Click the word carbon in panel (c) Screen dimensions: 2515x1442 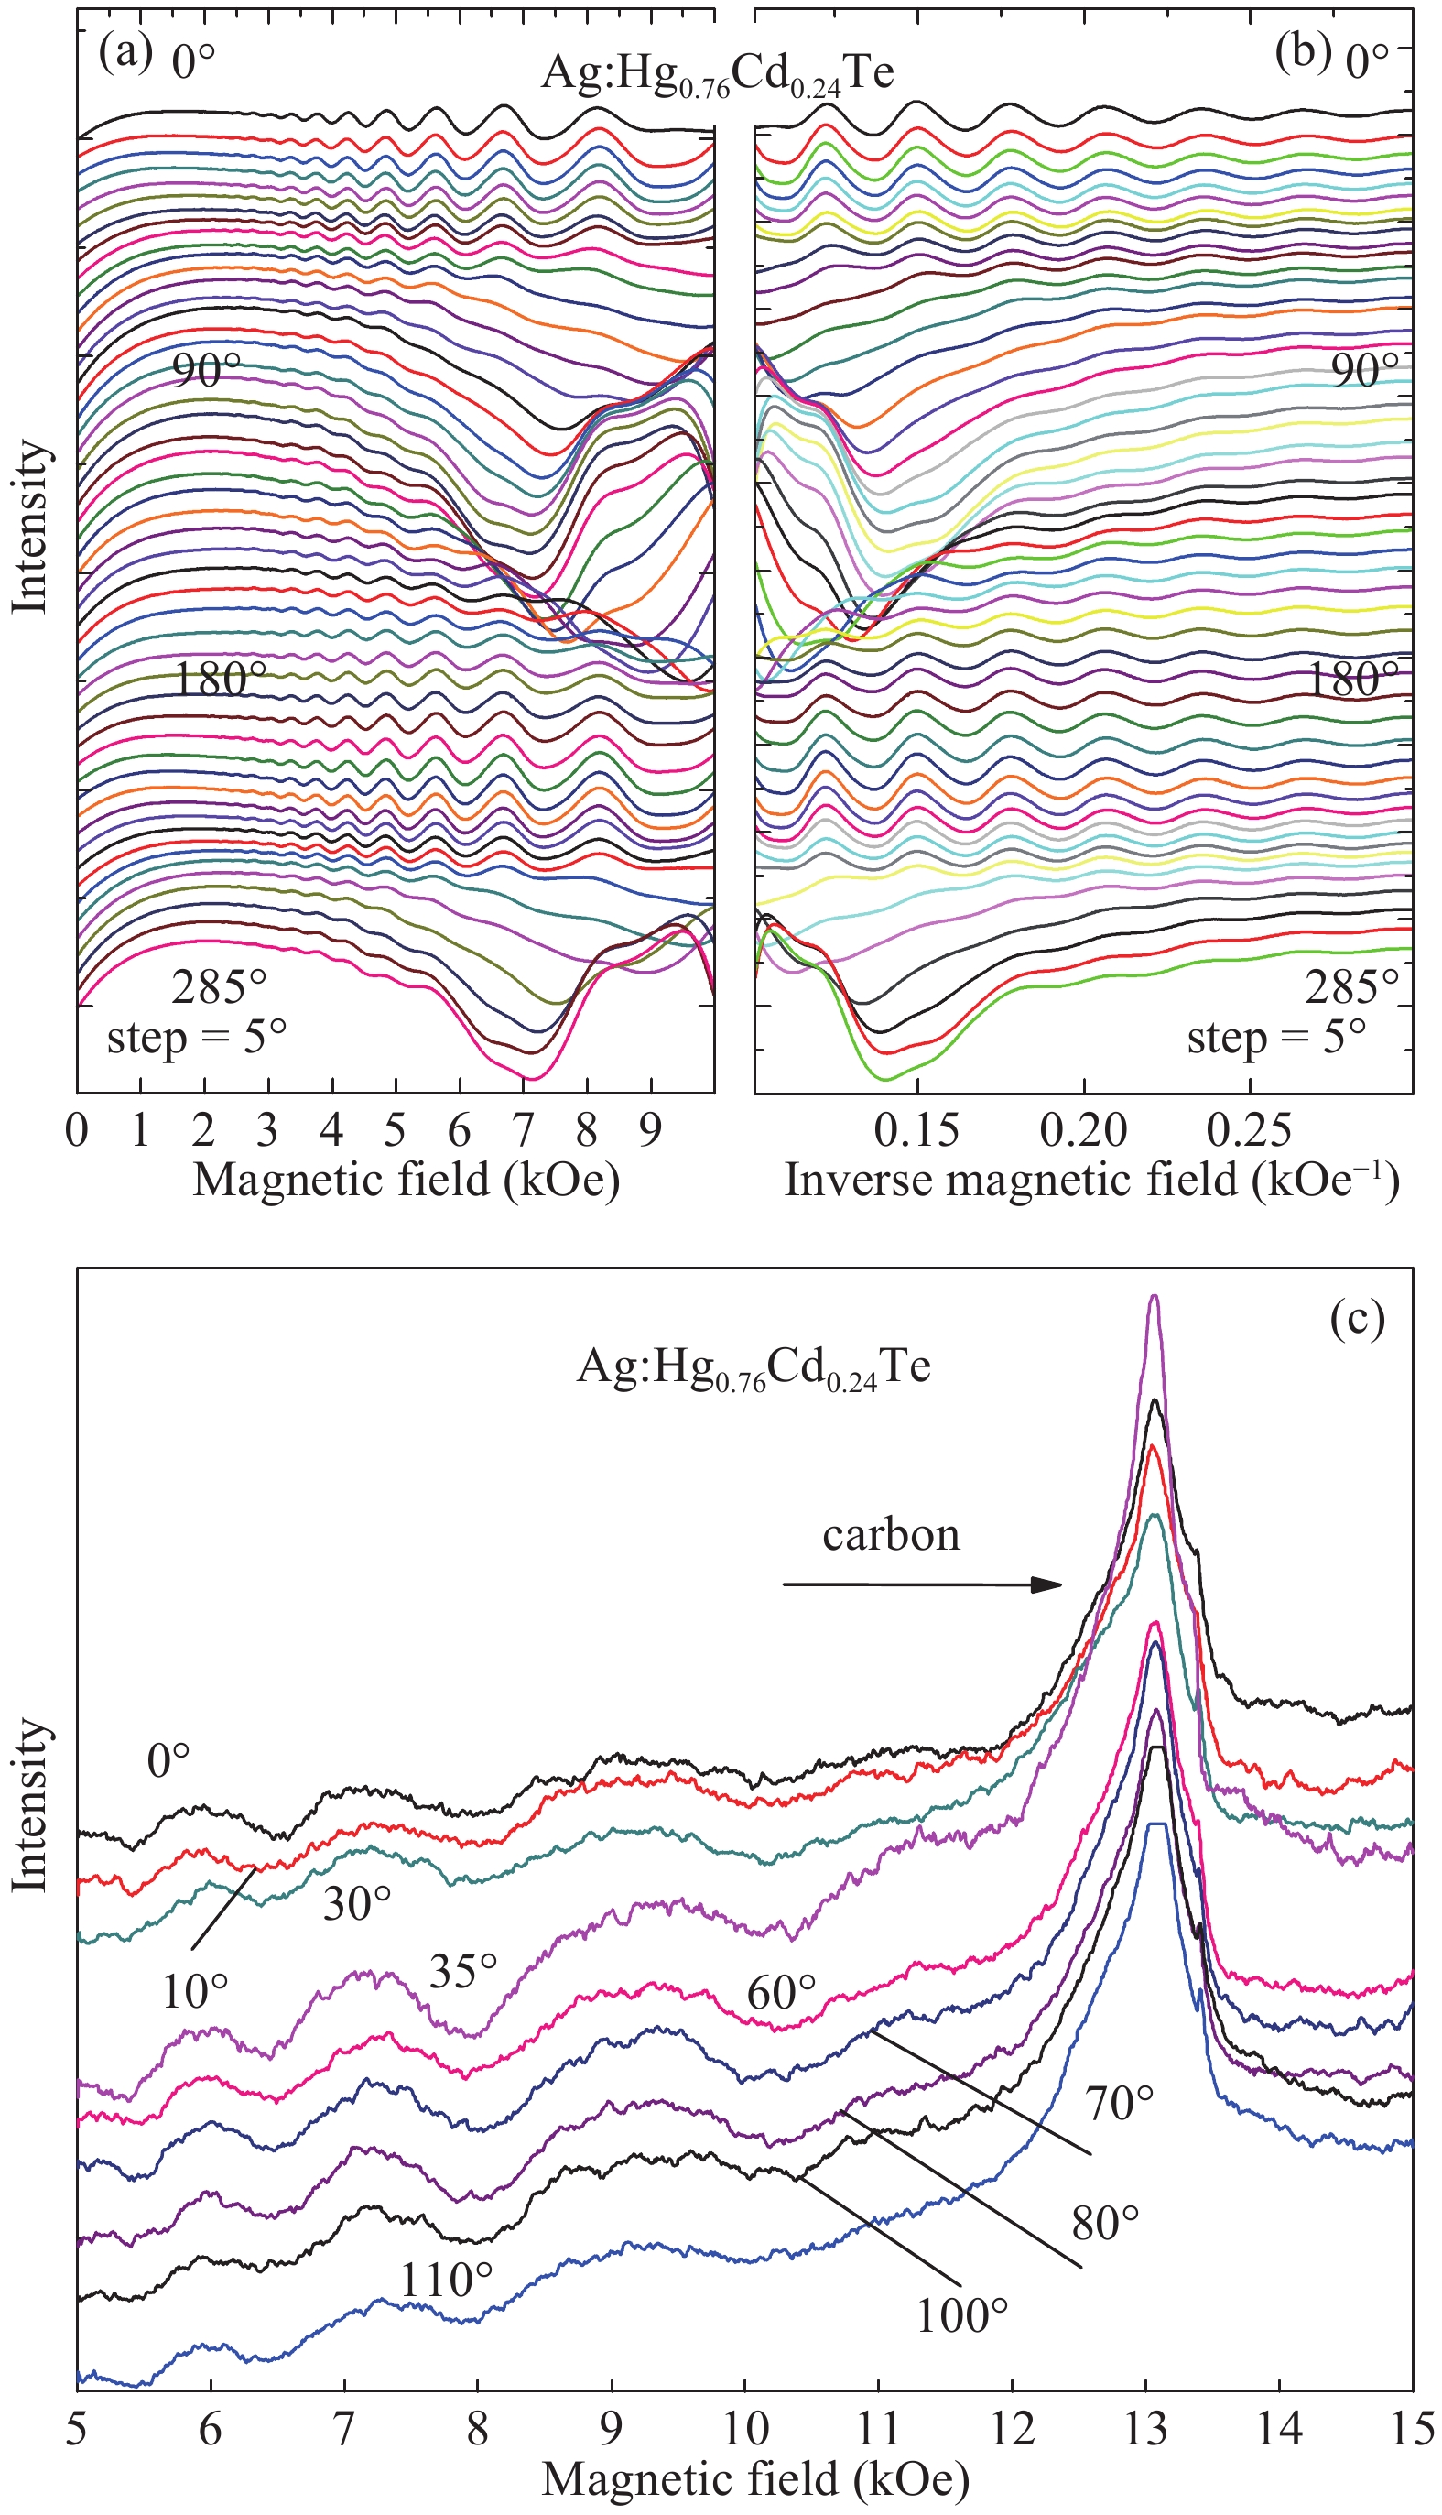pos(890,1536)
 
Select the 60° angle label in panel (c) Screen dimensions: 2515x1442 pos(781,1992)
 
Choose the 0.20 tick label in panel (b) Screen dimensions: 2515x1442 pos(1083,1130)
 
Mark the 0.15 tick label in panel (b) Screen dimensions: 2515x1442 pos(916,1130)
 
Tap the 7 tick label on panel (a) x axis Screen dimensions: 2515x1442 pos(522,1130)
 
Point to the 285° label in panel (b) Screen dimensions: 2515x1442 pos(1350,987)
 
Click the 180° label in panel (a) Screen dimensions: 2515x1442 pos(219,680)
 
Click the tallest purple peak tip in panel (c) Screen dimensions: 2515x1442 pos(1153,1298)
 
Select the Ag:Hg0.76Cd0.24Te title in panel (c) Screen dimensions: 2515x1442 pos(754,1368)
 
